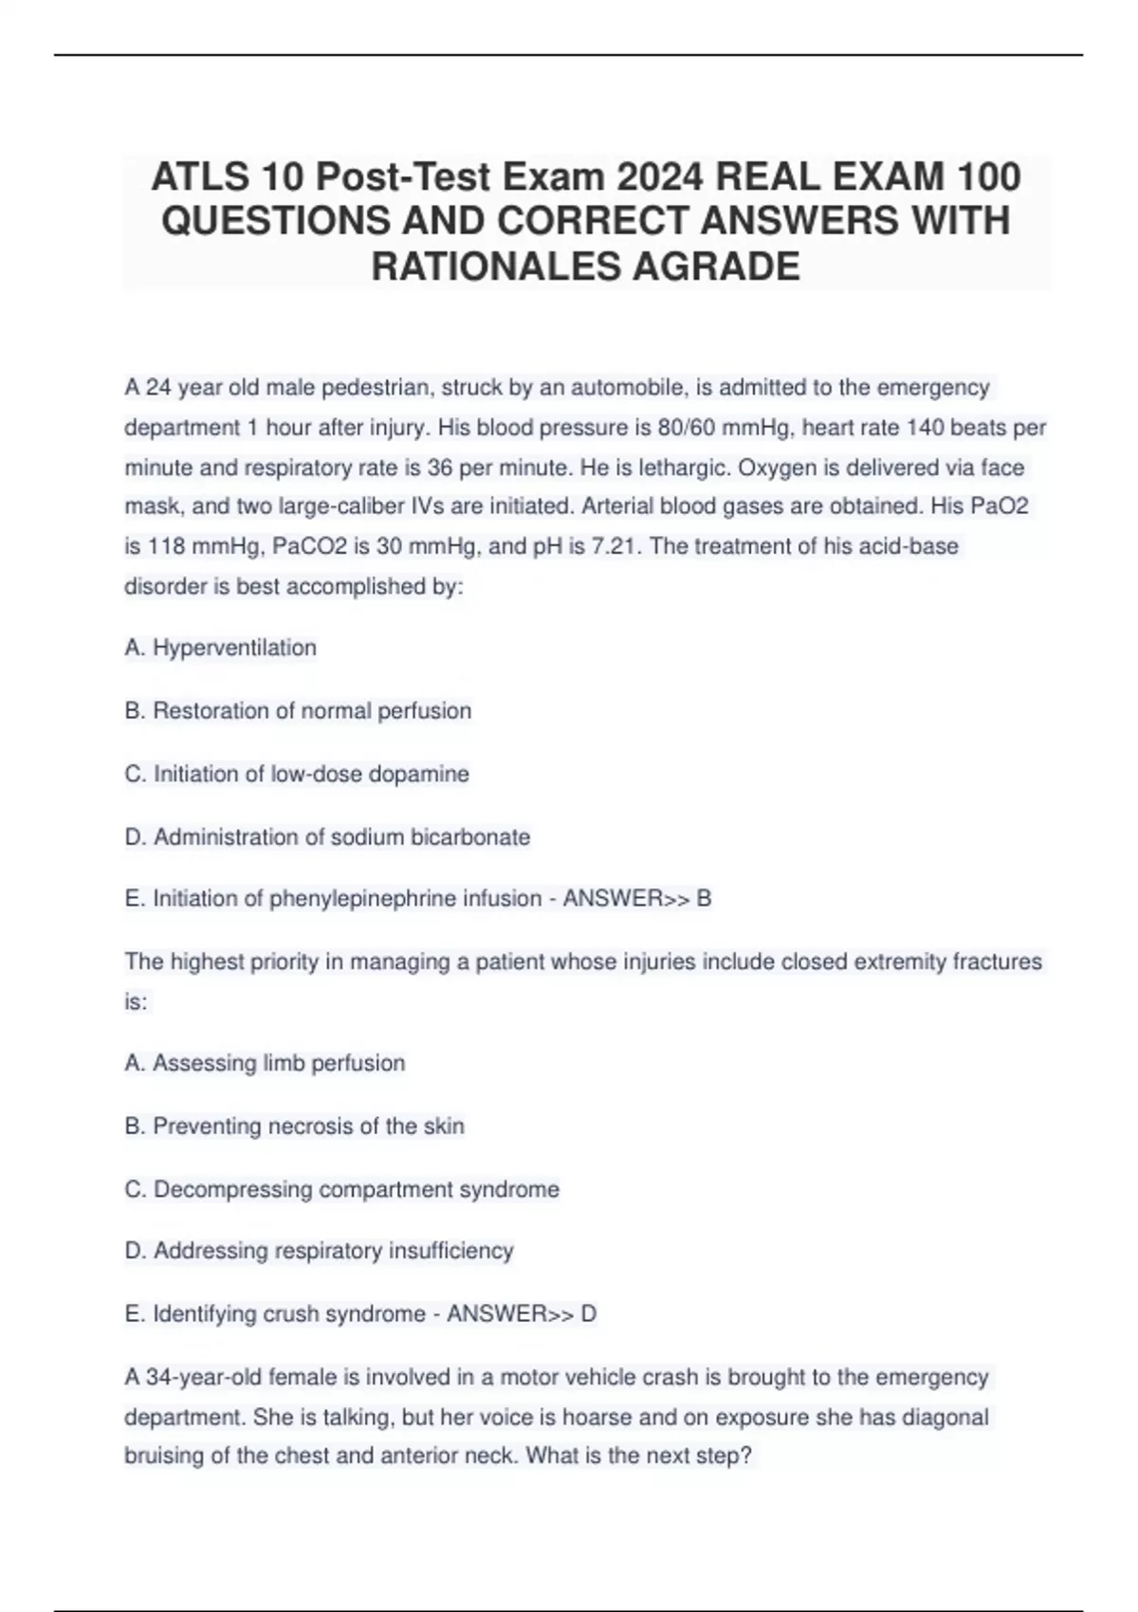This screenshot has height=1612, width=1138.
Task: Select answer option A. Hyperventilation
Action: pos(220,648)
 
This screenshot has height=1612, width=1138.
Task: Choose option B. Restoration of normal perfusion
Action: pos(298,711)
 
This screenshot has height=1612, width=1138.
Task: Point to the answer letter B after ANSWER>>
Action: pos(704,898)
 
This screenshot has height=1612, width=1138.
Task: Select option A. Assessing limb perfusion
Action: pos(265,1063)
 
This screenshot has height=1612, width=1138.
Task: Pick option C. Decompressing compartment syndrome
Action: pos(341,1189)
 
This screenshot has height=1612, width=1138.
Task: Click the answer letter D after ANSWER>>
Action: pos(589,1314)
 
